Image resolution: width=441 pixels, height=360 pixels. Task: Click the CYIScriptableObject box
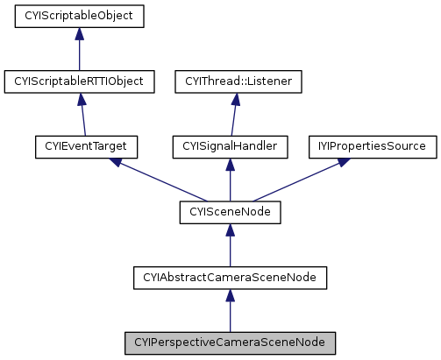click(x=79, y=16)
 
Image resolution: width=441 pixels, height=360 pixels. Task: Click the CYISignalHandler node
click(x=230, y=146)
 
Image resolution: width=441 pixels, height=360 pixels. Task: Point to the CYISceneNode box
click(x=230, y=212)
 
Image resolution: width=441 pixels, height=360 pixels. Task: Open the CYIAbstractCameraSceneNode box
click(x=230, y=278)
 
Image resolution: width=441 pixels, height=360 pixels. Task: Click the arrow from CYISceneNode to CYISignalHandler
click(x=230, y=180)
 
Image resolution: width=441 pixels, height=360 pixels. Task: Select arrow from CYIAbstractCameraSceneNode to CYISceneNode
click(x=230, y=245)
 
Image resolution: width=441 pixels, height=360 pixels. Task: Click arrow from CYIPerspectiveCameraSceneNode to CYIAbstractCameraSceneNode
click(x=230, y=310)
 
